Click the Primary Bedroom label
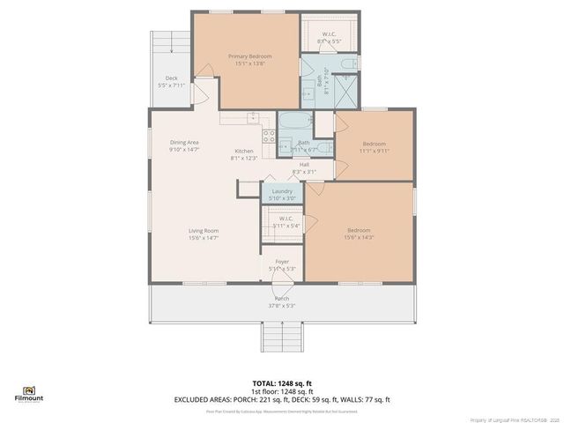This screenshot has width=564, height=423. point(249,56)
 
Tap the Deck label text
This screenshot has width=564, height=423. point(172,78)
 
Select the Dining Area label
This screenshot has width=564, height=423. point(184,142)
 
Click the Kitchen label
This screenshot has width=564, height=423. point(243,151)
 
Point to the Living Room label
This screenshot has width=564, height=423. point(203,231)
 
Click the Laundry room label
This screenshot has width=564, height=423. point(282,191)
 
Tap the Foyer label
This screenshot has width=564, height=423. point(282,261)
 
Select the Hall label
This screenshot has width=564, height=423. point(304,164)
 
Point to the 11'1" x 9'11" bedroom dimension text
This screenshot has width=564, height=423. point(374,151)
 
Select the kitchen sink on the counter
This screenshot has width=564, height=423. point(253,116)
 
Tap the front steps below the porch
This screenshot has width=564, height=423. point(282,336)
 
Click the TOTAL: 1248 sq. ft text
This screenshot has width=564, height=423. point(282,382)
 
